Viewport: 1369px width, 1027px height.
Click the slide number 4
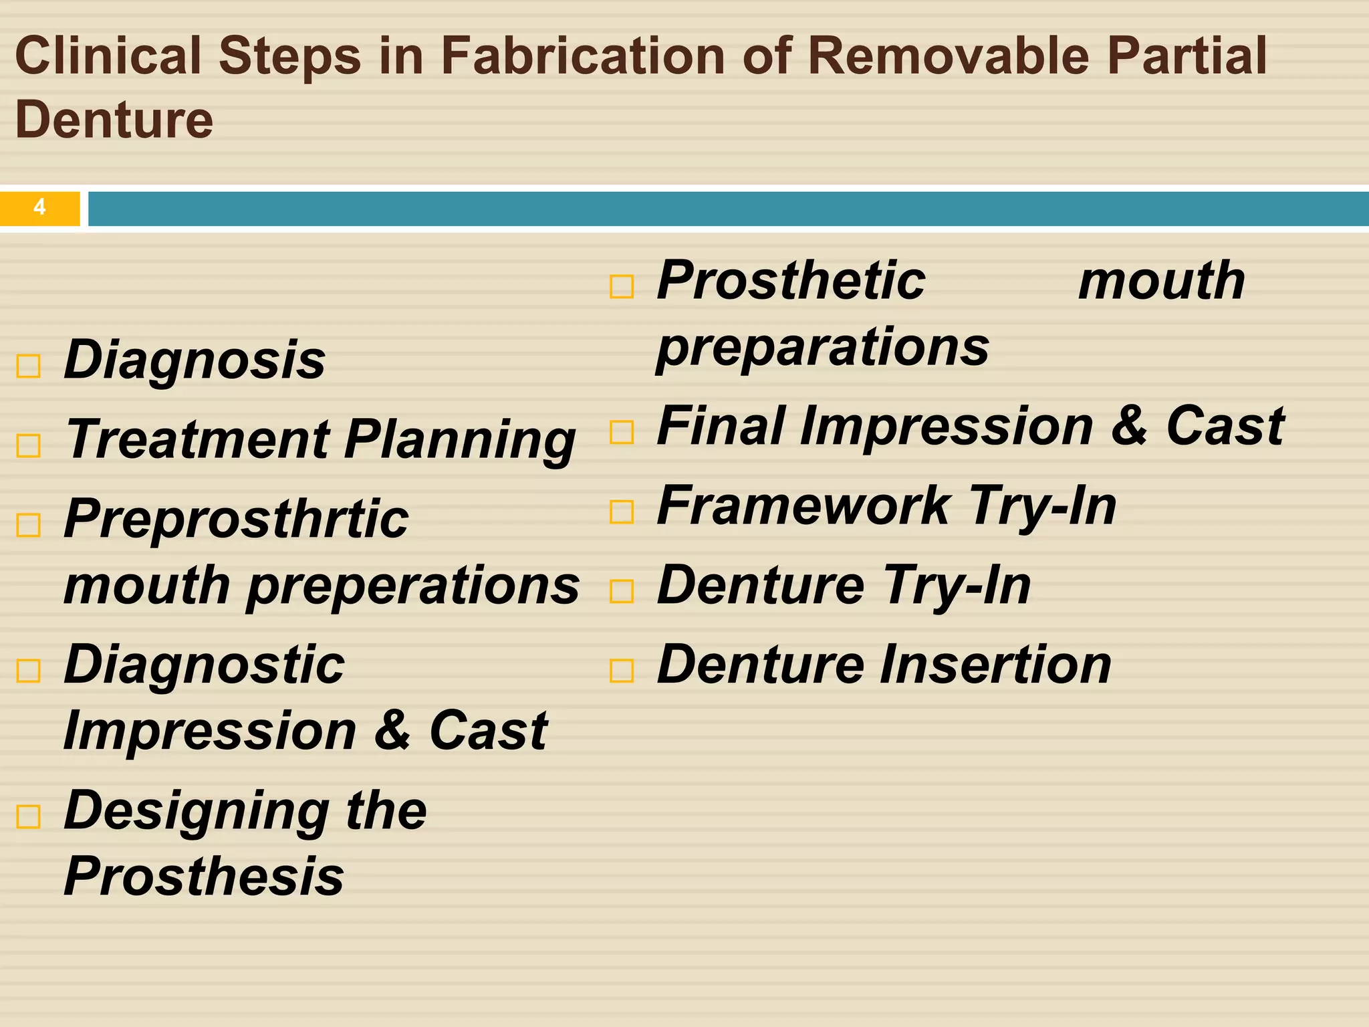pyautogui.click(x=39, y=207)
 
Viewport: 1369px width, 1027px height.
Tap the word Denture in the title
pyautogui.click(x=114, y=120)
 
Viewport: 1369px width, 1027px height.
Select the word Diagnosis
pyautogui.click(x=195, y=360)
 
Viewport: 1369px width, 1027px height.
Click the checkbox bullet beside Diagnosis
pyautogui.click(x=28, y=366)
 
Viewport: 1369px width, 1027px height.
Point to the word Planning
pyautogui.click(x=460, y=441)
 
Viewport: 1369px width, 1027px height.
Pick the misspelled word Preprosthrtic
pyautogui.click(x=236, y=519)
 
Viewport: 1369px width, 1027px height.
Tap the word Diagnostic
pyautogui.click(x=204, y=665)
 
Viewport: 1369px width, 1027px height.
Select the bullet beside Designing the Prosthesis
pyautogui.click(x=28, y=816)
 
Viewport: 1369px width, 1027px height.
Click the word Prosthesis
pyautogui.click(x=204, y=876)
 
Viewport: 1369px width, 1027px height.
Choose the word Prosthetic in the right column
pyautogui.click(x=791, y=280)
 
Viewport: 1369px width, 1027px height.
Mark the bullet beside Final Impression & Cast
pyautogui.click(x=622, y=433)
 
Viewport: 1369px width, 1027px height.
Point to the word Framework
pyautogui.click(x=804, y=506)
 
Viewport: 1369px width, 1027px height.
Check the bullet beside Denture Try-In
pyautogui.click(x=622, y=591)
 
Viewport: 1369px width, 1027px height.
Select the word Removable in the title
pyautogui.click(x=949, y=55)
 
